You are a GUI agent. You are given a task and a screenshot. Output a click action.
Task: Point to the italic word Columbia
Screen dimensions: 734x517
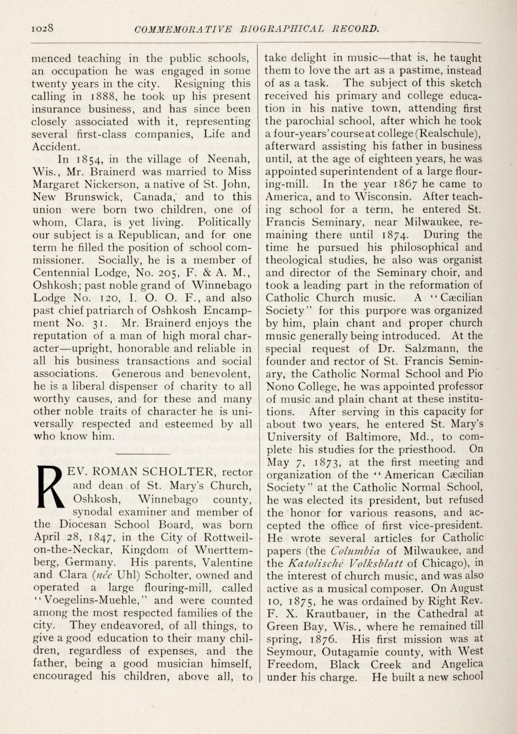coord(355,550)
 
